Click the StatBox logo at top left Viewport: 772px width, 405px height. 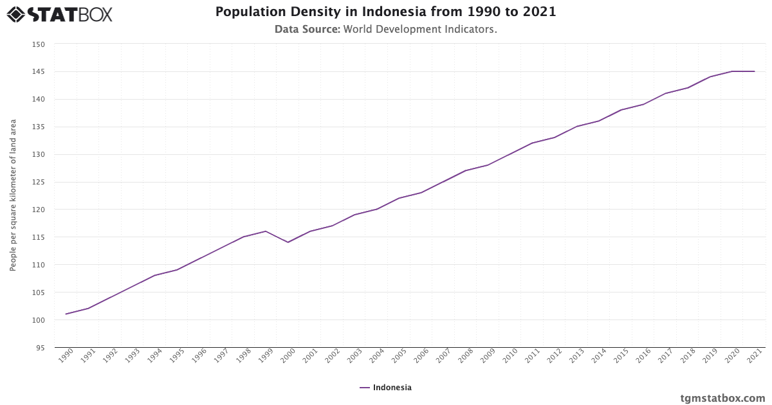pos(59,14)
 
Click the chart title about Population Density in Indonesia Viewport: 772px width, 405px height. pos(385,12)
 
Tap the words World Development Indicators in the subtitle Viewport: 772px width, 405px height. pos(420,30)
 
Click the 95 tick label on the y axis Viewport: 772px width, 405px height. pos(41,348)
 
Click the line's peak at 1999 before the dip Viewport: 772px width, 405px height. pos(266,231)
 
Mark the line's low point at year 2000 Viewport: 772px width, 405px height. pos(288,242)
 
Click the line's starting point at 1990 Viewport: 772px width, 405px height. pos(66,314)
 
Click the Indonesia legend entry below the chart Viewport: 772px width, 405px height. pos(386,388)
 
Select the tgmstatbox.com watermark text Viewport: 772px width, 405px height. pos(722,398)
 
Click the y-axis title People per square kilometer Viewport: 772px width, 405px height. pos(13,195)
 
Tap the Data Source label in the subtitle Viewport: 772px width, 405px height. pos(307,30)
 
